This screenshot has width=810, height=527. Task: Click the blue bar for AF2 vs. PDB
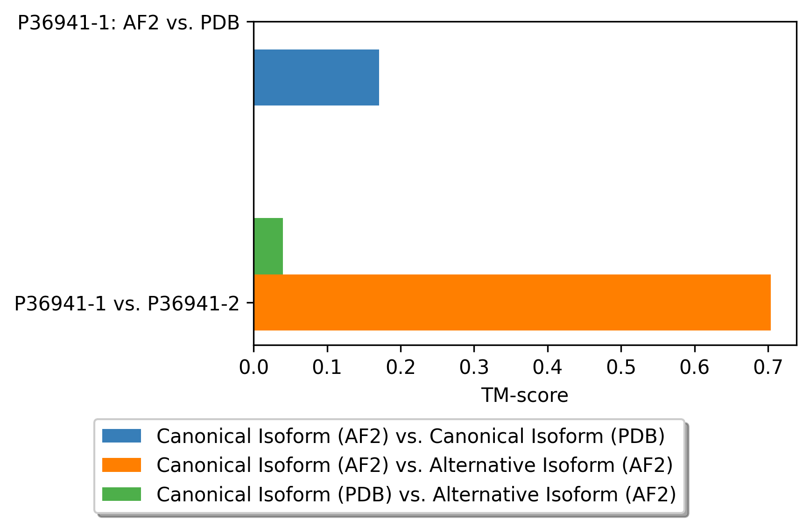click(317, 77)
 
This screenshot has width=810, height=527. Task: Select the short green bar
click(268, 246)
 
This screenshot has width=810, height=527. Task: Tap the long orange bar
click(512, 302)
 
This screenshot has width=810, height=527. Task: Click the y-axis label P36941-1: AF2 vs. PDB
click(128, 23)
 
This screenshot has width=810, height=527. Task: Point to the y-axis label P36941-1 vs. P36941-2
click(127, 304)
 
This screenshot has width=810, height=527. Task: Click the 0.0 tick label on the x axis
click(254, 367)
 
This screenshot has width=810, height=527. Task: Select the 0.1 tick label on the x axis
click(327, 367)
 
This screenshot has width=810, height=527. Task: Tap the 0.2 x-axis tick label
click(401, 367)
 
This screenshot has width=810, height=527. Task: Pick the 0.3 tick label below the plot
click(474, 367)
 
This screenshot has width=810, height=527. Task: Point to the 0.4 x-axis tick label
click(548, 367)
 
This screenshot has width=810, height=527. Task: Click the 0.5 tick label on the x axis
click(621, 367)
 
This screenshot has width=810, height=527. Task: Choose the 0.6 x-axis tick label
click(695, 367)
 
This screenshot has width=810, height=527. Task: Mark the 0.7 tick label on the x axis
click(768, 367)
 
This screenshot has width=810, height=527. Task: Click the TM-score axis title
click(525, 395)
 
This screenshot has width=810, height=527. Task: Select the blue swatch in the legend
click(121, 436)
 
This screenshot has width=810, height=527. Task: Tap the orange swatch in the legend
click(121, 465)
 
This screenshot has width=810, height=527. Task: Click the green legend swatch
click(121, 494)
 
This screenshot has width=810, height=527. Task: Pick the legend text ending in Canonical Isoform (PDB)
click(411, 436)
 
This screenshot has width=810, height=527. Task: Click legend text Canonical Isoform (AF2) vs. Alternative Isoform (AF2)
click(415, 465)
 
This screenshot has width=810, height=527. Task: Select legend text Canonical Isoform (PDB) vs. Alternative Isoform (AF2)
click(416, 494)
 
